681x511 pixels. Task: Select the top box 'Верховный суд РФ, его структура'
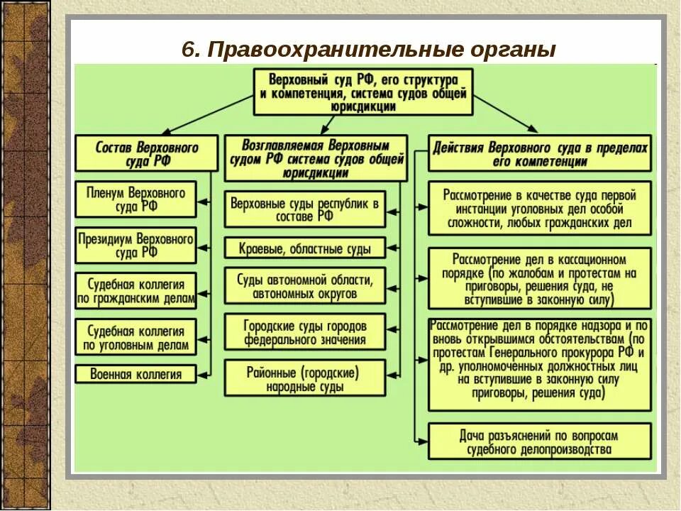363,92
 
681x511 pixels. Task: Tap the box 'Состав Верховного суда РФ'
146,153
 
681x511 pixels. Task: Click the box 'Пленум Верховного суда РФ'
135,199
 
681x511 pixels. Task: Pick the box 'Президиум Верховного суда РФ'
135,245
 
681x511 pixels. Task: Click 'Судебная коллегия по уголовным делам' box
135,337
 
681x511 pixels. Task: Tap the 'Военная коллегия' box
135,374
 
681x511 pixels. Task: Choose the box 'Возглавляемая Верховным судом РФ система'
316,158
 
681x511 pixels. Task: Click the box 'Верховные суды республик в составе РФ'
305,209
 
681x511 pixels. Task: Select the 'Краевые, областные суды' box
305,248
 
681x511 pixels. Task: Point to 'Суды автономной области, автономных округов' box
305,286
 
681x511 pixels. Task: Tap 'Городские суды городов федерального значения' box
305,332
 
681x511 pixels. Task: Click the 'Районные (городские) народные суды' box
305,378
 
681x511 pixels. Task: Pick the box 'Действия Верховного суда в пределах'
540,153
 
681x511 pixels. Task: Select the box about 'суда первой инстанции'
540,209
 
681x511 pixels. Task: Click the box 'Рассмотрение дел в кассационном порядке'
540,278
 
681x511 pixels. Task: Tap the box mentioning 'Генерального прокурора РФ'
540,365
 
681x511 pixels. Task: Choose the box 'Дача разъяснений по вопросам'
540,441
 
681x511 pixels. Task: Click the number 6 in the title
188,50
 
